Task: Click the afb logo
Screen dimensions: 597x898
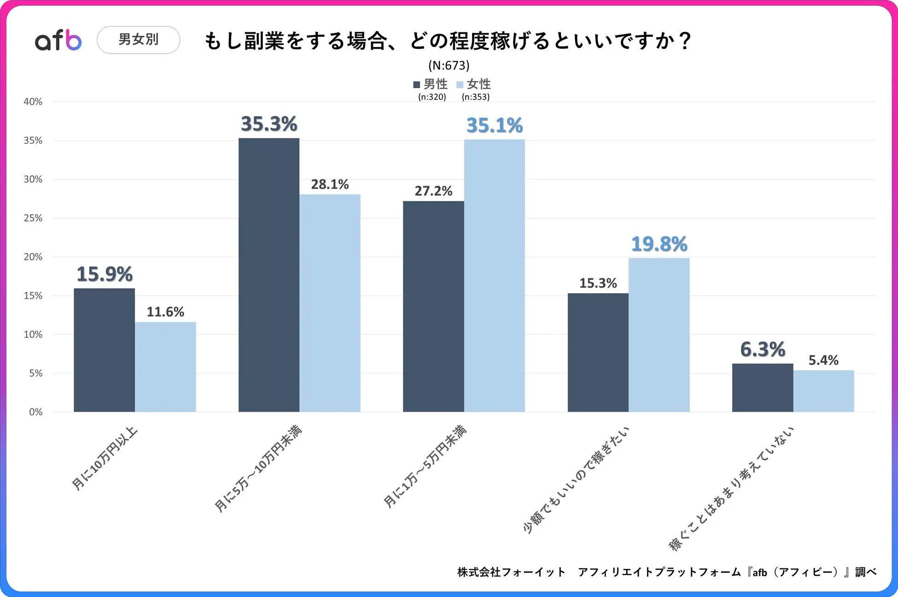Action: tap(58, 40)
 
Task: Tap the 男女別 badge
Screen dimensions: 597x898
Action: tap(138, 40)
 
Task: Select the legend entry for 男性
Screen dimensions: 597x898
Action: tap(430, 84)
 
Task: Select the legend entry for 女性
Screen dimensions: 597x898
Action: tap(474, 84)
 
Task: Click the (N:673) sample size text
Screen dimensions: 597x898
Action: tap(449, 65)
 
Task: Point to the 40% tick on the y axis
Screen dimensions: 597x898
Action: tap(33, 101)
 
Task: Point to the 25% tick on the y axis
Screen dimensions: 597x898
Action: tap(33, 218)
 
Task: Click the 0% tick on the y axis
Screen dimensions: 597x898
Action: tap(35, 412)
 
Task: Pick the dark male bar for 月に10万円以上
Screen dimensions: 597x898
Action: tap(104, 350)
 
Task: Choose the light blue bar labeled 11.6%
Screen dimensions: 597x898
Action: tap(165, 367)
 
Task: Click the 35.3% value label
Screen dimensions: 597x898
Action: tap(269, 124)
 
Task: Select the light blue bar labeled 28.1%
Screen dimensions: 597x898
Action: tap(330, 303)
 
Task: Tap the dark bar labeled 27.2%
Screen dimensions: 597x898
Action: tap(433, 307)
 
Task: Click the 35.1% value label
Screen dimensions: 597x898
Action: tap(495, 125)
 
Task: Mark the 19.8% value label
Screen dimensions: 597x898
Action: tap(659, 244)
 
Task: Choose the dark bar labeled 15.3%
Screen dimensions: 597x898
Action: tap(598, 353)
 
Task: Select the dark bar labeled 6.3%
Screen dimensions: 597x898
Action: tap(763, 388)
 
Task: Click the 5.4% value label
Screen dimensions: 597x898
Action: tap(823, 360)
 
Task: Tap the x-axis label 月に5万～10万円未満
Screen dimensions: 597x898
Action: tap(258, 469)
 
